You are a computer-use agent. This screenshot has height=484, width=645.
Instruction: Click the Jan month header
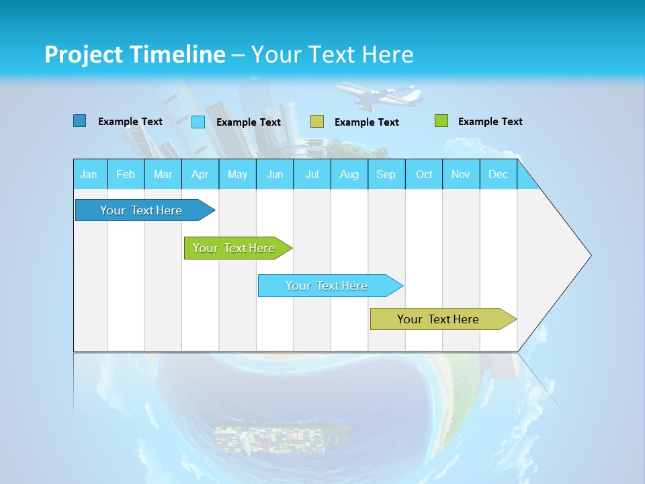[x=89, y=174]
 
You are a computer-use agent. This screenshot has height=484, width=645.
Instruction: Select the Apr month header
[x=200, y=174]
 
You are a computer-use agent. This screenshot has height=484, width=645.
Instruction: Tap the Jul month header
[x=312, y=174]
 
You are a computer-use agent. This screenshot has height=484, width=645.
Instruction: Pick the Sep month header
[x=386, y=174]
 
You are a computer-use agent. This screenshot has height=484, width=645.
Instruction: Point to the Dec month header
[x=498, y=174]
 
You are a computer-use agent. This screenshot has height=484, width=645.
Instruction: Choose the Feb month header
[x=126, y=174]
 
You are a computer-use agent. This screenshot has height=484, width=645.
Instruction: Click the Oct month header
[x=424, y=174]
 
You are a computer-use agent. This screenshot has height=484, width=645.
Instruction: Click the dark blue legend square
[x=80, y=121]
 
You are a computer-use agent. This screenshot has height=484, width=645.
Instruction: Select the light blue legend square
[x=198, y=122]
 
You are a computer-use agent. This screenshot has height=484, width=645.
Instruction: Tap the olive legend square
[x=317, y=122]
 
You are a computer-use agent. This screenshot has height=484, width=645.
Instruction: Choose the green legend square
[x=441, y=121]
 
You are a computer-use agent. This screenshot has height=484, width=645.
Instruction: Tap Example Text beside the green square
[x=490, y=122]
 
